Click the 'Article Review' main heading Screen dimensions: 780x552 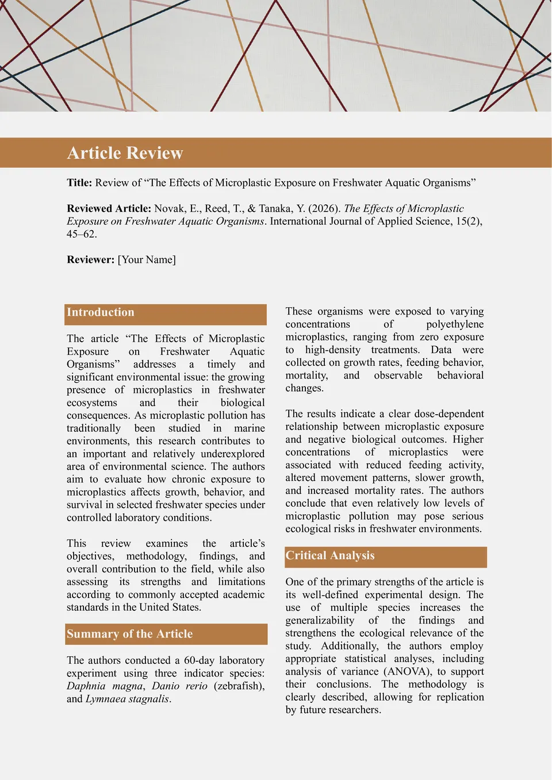[x=125, y=153]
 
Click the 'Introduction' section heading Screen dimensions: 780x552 [x=101, y=312]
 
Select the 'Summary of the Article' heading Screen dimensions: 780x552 [x=129, y=634]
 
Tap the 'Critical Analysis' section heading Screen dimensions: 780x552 [x=330, y=555]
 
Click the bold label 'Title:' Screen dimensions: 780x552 [x=79, y=183]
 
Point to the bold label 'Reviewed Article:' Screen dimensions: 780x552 [x=109, y=209]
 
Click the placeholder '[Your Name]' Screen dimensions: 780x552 [x=147, y=259]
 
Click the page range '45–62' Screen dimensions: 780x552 [x=80, y=234]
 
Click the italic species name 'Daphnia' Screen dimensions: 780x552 [x=86, y=686]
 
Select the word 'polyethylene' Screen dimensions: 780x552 [x=455, y=324]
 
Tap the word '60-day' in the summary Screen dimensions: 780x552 [x=199, y=660]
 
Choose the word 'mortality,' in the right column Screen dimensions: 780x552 [x=306, y=376]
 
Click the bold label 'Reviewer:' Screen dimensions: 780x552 [x=91, y=259]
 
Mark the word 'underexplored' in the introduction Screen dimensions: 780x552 [x=233, y=454]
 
